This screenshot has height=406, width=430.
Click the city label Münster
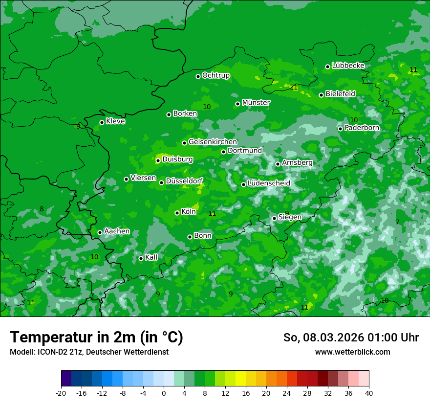(256, 103)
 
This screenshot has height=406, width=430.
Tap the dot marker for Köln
(177, 213)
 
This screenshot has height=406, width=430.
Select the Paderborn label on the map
(362, 128)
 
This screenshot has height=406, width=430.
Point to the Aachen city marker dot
(100, 232)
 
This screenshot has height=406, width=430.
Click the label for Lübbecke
(348, 66)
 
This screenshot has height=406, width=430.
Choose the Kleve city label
(115, 121)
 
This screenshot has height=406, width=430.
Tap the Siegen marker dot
(274, 218)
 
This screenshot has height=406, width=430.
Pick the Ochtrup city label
(215, 75)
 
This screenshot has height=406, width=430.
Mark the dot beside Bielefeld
(321, 95)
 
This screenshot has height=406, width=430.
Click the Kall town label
(151, 257)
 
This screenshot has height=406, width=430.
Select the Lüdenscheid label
(269, 183)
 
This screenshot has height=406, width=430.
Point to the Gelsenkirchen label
(213, 142)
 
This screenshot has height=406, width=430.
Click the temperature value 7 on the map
(397, 222)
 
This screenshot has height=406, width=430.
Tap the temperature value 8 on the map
(42, 209)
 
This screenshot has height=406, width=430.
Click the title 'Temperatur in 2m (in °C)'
(96, 338)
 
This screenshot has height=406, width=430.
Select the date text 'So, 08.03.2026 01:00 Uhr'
(351, 338)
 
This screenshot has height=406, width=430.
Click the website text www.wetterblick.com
(352, 352)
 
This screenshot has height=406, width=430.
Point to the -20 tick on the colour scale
(61, 393)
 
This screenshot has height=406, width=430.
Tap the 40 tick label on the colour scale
(368, 393)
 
